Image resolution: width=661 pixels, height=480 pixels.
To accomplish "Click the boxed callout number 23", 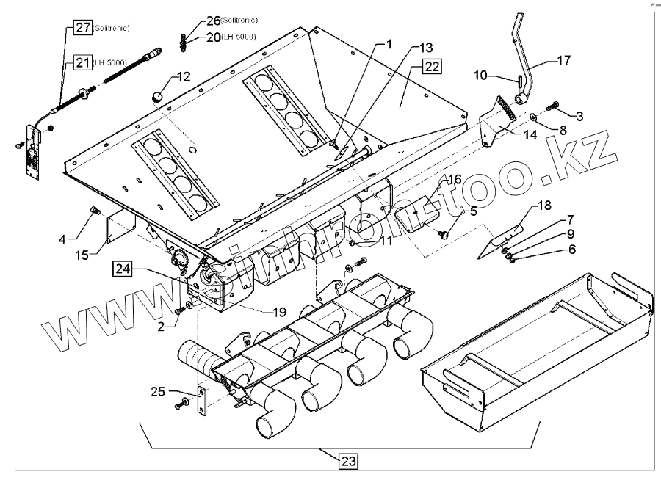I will click(348, 462).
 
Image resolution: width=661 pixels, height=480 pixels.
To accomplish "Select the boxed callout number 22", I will click(432, 68).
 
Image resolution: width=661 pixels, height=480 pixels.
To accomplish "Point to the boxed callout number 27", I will click(82, 28).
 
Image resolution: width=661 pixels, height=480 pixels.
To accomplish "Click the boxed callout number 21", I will click(82, 63).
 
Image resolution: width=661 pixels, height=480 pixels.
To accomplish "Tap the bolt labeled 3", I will click(554, 106).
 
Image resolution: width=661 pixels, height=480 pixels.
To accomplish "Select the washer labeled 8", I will click(531, 116).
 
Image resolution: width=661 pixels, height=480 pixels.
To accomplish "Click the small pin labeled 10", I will click(519, 76).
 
